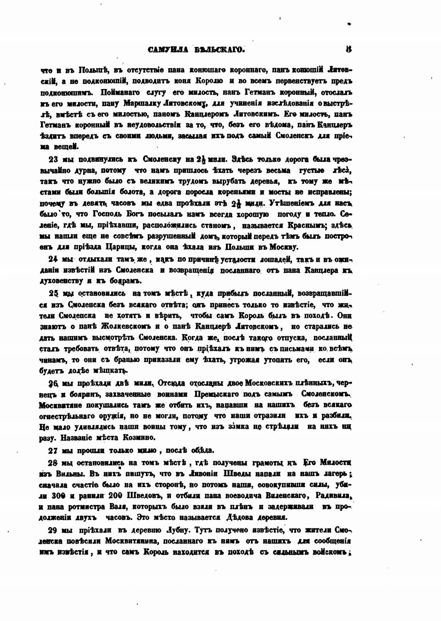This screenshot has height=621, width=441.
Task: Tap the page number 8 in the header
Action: (349, 49)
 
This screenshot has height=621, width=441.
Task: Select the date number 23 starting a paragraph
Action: (53, 159)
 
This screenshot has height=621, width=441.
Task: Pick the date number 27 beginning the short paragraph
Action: (53, 450)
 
